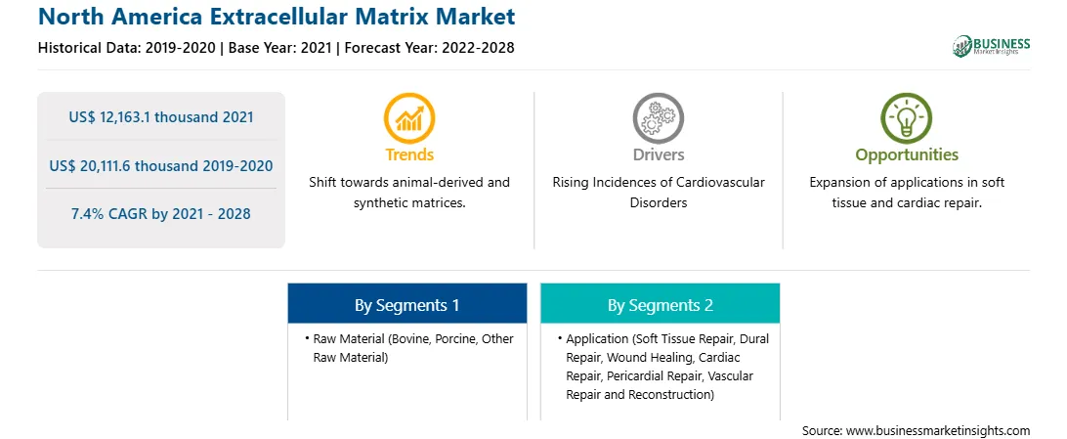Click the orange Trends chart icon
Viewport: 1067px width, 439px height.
pos(409,118)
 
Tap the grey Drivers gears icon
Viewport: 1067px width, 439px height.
pos(658,118)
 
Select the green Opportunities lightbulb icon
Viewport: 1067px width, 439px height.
pos(907,118)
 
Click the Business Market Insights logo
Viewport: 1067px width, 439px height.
pos(991,46)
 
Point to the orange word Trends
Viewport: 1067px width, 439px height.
pos(409,154)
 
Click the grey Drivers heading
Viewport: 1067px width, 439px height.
pos(658,154)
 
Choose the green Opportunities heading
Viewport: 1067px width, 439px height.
pos(907,155)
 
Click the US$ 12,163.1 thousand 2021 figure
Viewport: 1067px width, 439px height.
pos(161,117)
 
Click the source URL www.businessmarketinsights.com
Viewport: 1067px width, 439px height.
pos(938,431)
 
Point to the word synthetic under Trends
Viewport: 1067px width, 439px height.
pos(378,202)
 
